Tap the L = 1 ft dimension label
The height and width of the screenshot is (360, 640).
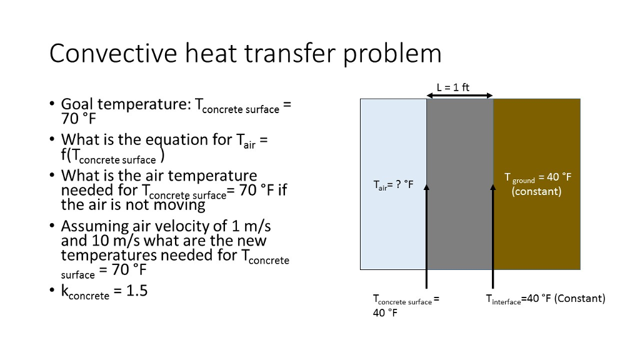tap(453, 87)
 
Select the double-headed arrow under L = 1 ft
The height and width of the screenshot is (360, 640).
tap(459, 96)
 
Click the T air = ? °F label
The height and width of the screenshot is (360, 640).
tap(393, 184)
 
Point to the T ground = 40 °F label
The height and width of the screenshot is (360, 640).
tap(537, 177)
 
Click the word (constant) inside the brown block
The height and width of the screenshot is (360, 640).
tap(536, 191)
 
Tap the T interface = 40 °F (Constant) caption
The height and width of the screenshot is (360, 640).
tap(545, 299)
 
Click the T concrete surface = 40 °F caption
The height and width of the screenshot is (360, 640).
tap(406, 306)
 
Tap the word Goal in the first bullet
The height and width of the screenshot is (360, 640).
tap(77, 104)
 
